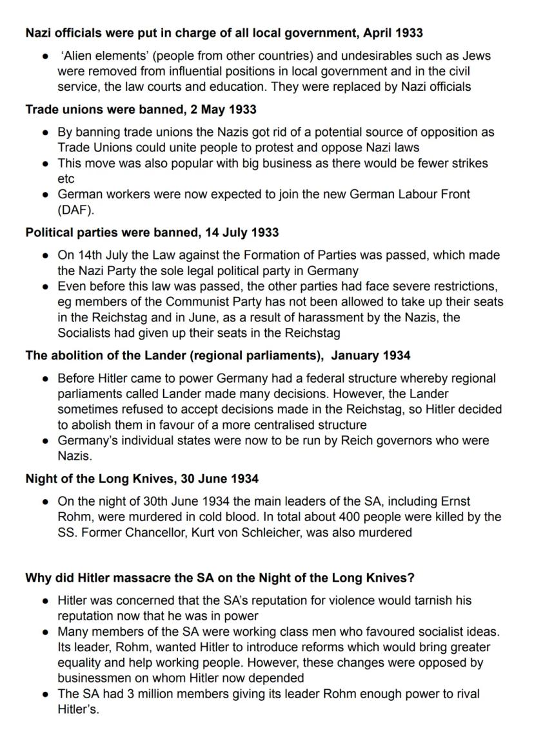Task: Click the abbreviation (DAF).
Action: (x=77, y=210)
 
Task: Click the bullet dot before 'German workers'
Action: (x=45, y=195)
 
